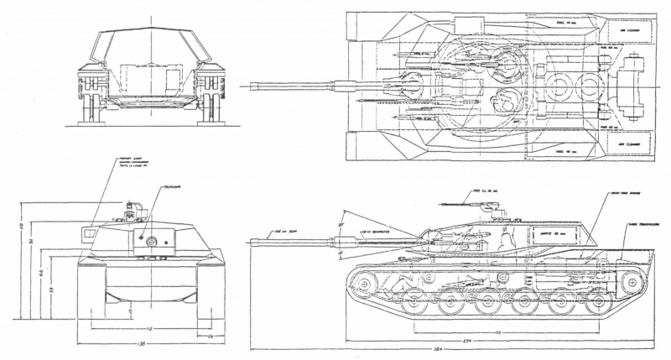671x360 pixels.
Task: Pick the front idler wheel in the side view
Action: point(362,285)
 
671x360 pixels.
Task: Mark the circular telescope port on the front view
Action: point(151,241)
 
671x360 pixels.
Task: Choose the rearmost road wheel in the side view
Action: point(594,301)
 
